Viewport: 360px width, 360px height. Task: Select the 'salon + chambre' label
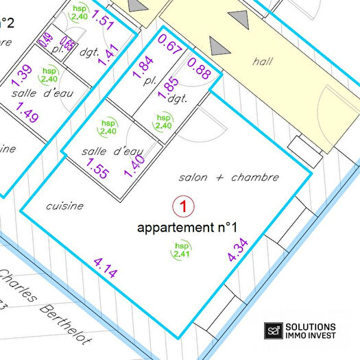click(x=228, y=178)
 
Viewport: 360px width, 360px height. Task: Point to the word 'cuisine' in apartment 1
click(x=64, y=206)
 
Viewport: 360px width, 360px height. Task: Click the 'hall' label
click(x=262, y=62)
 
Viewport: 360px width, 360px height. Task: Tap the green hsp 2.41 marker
click(x=182, y=251)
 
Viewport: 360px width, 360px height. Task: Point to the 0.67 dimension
click(x=169, y=45)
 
